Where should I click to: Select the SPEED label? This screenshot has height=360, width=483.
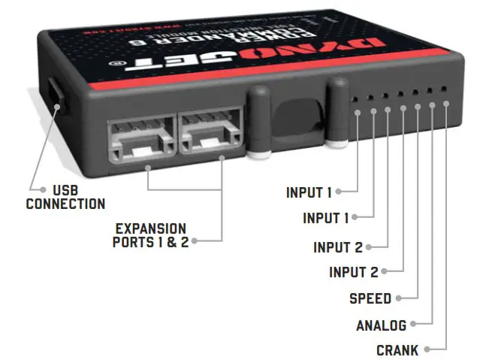click(x=370, y=298)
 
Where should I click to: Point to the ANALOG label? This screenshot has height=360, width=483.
click(x=381, y=325)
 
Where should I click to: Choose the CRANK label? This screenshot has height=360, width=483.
click(x=397, y=350)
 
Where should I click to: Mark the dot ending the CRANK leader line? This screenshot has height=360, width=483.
click(x=426, y=349)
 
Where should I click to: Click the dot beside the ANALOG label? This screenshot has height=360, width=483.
click(x=412, y=325)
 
